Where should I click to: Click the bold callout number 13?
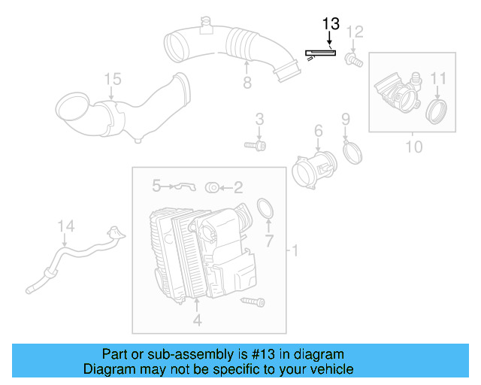pyautogui.click(x=331, y=23)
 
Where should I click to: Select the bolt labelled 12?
pyautogui.click(x=352, y=57)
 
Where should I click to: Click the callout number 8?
pyautogui.click(x=247, y=82)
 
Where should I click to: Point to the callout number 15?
pyautogui.click(x=112, y=79)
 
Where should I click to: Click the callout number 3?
pyautogui.click(x=259, y=119)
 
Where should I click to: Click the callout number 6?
pyautogui.click(x=318, y=132)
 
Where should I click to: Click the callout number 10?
pyautogui.click(x=413, y=146)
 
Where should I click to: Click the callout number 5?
pyautogui.click(x=156, y=184)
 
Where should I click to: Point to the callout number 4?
pyautogui.click(x=196, y=320)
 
